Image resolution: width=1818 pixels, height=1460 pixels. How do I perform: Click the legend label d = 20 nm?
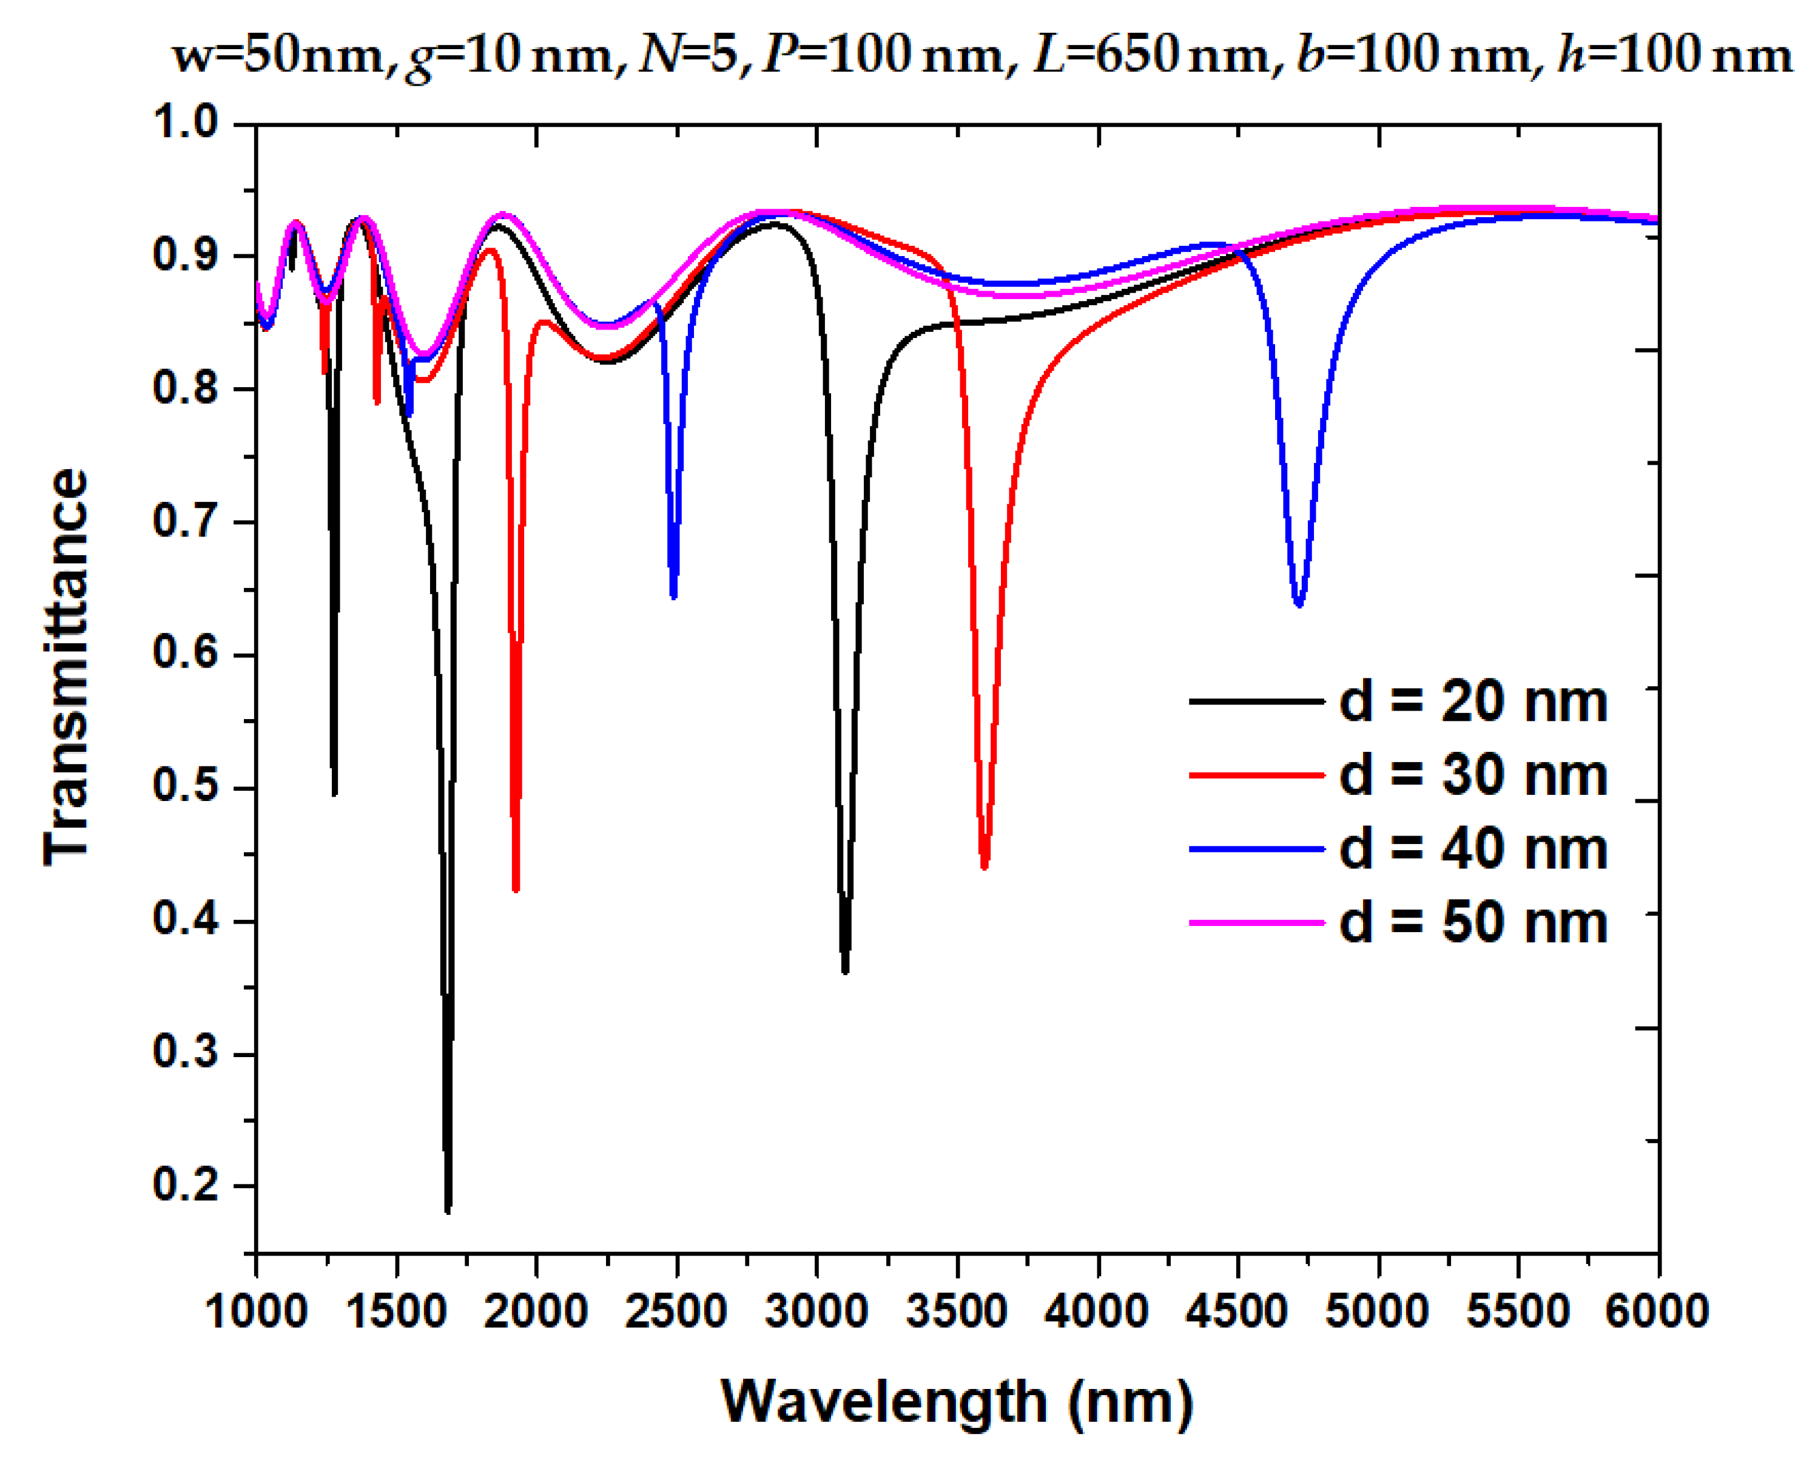click(1472, 701)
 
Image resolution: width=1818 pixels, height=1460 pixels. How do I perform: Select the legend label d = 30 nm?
click(1472, 775)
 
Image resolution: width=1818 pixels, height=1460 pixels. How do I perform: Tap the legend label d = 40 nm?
click(1472, 848)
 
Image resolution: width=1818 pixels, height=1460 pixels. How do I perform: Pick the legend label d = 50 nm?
click(1472, 922)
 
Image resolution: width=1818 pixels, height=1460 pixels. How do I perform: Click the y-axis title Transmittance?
click(66, 666)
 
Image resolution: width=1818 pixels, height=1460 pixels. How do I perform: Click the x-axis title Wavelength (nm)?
click(957, 1401)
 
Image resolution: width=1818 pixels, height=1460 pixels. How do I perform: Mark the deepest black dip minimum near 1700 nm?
click(448, 1211)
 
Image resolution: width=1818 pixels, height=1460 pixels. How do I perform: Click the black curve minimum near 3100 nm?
click(845, 972)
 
